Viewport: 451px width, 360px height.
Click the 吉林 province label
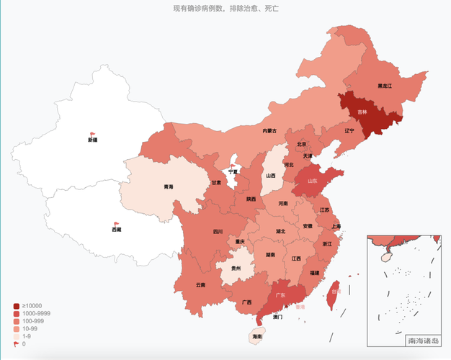(362, 112)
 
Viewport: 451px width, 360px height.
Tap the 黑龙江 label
(385, 86)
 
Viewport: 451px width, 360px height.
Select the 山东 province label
(312, 182)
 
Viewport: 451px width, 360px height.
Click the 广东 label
(277, 295)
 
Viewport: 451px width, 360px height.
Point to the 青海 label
(168, 187)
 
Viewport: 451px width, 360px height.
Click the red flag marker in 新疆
(92, 134)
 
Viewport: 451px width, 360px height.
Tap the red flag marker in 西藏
(116, 224)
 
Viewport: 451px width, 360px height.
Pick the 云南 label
(200, 285)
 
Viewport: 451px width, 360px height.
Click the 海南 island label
(257, 336)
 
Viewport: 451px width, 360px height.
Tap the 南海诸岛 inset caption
(422, 341)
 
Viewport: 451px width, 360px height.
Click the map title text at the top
(225, 9)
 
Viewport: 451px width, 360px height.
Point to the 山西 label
(270, 175)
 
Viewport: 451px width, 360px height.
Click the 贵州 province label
(236, 269)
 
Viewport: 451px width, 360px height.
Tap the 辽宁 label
(349, 131)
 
